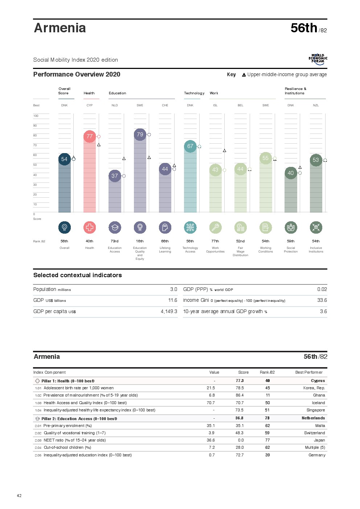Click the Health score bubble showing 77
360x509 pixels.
tap(90, 136)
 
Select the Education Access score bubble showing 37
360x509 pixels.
tap(115, 176)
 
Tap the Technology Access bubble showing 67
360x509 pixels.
tap(190, 146)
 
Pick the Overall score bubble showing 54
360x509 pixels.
tap(64, 159)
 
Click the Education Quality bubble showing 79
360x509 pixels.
tap(140, 135)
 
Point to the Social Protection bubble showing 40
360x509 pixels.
tap(291, 173)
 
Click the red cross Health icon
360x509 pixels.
tap(90, 227)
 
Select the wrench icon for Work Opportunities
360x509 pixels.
tap(215, 227)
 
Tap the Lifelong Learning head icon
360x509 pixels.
tap(165, 227)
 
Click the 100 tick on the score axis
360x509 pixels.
tap(36, 116)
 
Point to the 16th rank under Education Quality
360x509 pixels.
tap(140, 241)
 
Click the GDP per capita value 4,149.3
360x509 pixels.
tap(169, 312)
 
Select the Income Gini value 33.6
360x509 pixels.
tap(322, 300)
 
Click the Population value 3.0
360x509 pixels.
tap(173, 290)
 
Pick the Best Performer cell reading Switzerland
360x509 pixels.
tap(314, 433)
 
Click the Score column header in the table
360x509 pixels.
tap(243, 373)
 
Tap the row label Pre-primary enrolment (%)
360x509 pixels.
tap(67, 426)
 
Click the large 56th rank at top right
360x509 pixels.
tap(304, 28)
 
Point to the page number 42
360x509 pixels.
tap(19, 496)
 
